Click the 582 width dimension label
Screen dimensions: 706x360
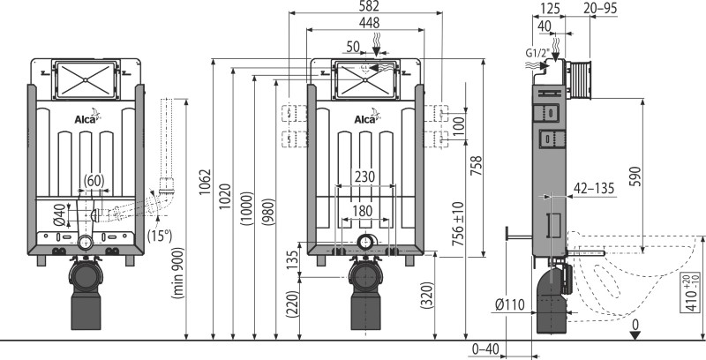[369, 6]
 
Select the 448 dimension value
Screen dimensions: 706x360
[369, 23]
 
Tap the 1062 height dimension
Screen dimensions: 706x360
[206, 182]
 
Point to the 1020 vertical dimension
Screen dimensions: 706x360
[225, 196]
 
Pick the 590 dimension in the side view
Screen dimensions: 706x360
[635, 176]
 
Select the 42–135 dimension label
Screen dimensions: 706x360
[594, 189]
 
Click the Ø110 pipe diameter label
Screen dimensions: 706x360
[510, 304]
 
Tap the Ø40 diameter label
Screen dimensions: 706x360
[58, 214]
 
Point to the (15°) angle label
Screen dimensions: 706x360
[160, 236]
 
